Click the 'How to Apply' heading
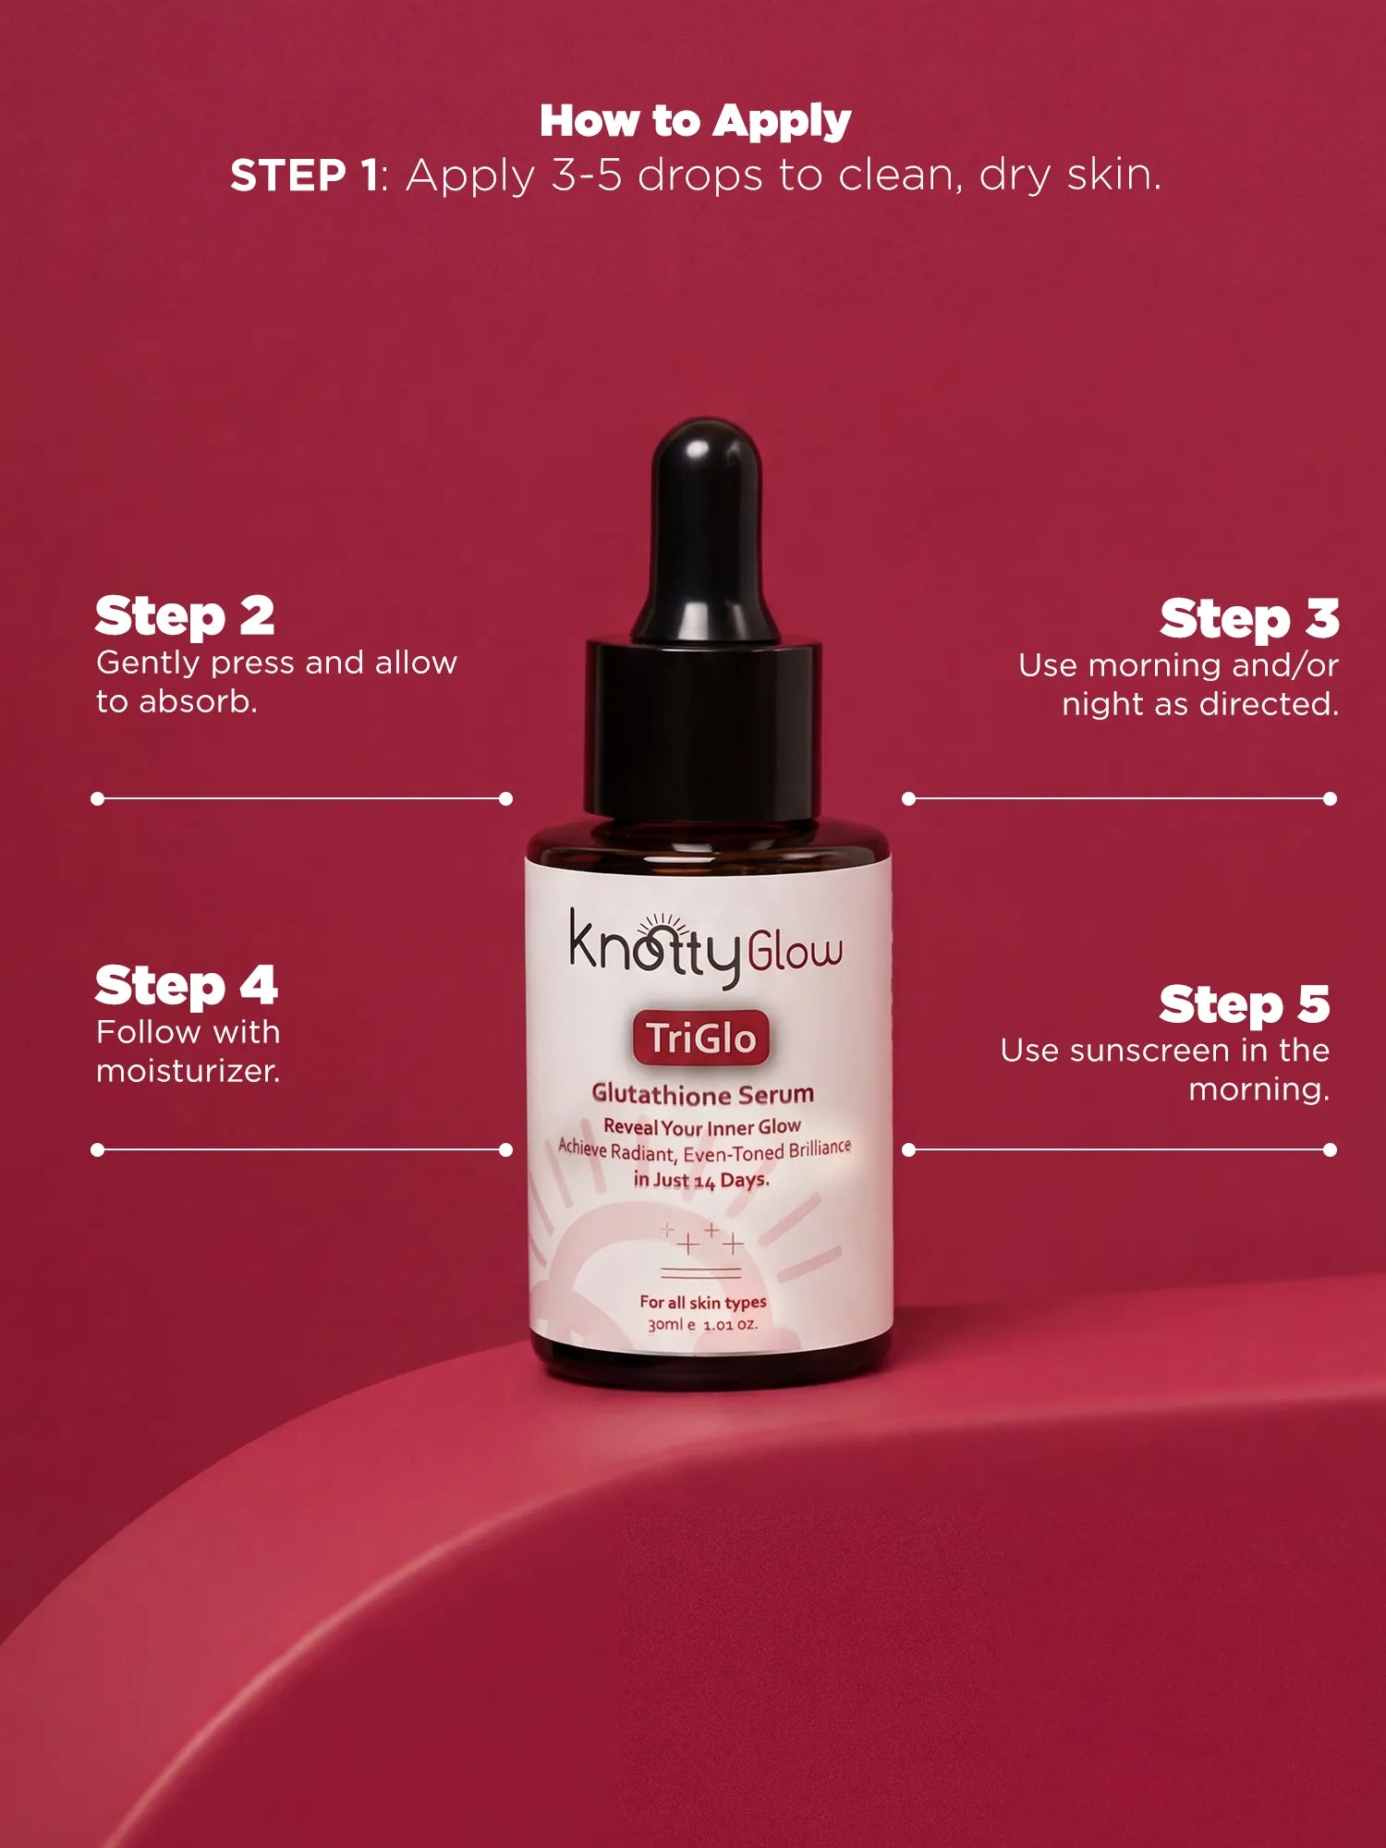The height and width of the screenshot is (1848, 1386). [x=695, y=121]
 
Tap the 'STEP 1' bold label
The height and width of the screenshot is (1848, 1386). [x=304, y=176]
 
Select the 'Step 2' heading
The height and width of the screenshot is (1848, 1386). [x=185, y=616]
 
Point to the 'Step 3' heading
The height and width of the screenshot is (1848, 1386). [x=1248, y=618]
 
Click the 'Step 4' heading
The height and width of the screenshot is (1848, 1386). [x=186, y=986]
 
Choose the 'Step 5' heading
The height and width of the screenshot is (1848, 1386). [x=1244, y=1004]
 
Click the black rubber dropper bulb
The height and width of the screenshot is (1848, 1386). [x=706, y=527]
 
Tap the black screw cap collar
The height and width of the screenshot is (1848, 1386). [x=703, y=730]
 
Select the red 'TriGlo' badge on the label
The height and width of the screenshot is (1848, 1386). [x=701, y=1038]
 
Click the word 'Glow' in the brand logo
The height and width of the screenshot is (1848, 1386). [x=795, y=952]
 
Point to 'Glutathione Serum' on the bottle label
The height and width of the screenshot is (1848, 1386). [x=702, y=1094]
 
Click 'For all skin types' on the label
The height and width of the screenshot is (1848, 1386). [x=702, y=1302]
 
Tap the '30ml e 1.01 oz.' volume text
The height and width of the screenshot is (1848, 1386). [x=702, y=1324]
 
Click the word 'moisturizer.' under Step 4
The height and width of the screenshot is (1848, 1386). [x=188, y=1071]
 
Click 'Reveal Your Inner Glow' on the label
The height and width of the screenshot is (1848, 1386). [x=702, y=1127]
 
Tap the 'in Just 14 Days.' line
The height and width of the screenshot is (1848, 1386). [x=701, y=1180]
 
